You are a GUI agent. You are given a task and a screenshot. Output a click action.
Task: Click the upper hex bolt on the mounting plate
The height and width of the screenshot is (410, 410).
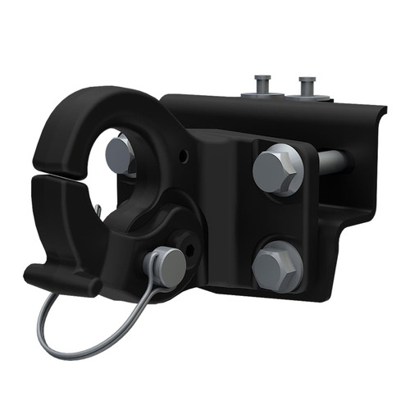278,170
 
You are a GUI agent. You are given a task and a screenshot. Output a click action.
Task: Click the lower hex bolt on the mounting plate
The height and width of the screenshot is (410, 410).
277,266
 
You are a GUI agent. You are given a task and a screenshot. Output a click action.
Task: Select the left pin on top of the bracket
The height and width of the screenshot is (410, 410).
262,84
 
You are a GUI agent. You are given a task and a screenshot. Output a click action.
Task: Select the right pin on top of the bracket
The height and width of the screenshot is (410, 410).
307,84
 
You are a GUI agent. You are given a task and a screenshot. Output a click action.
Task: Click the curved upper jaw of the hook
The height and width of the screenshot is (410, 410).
90,115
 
